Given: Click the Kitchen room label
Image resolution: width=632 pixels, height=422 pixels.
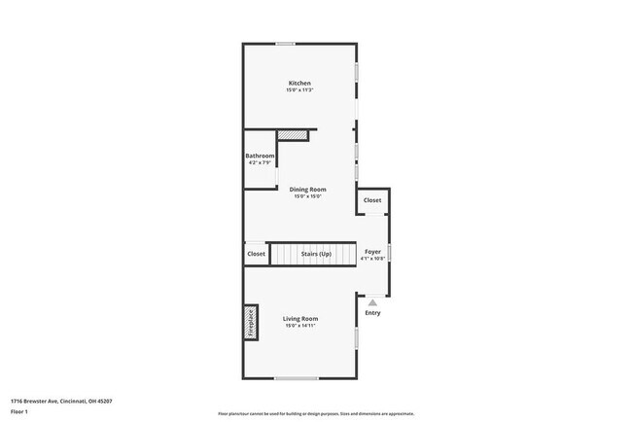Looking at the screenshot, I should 299,84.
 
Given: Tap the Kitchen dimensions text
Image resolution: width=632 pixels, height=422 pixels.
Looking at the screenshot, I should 299,90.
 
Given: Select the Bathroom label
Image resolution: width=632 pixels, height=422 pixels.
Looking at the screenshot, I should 260,157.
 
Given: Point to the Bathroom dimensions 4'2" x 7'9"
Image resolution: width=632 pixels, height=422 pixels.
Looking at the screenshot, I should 260,163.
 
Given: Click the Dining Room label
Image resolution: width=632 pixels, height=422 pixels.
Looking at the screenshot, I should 307,189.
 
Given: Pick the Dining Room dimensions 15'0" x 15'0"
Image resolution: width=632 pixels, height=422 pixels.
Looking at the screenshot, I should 307,196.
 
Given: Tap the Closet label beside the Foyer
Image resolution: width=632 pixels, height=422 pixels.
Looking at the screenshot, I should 372,200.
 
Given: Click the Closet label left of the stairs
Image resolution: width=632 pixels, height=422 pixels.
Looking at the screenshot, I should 256,254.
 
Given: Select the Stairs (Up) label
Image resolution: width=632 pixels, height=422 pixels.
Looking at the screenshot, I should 316,254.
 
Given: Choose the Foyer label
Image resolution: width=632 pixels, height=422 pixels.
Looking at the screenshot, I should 372,251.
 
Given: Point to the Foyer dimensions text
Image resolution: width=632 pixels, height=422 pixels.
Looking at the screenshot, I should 372,259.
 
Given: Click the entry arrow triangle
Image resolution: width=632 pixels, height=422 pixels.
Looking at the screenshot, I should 372,302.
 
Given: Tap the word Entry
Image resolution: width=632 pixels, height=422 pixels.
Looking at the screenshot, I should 372,313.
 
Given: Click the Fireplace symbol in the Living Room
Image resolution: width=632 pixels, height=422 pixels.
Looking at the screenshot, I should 250,323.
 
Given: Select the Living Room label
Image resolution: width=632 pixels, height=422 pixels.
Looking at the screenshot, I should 300,319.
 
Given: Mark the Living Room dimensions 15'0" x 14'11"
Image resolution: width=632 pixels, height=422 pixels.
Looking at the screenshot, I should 300,326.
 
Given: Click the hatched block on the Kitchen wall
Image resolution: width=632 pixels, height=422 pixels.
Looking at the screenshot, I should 292,135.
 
